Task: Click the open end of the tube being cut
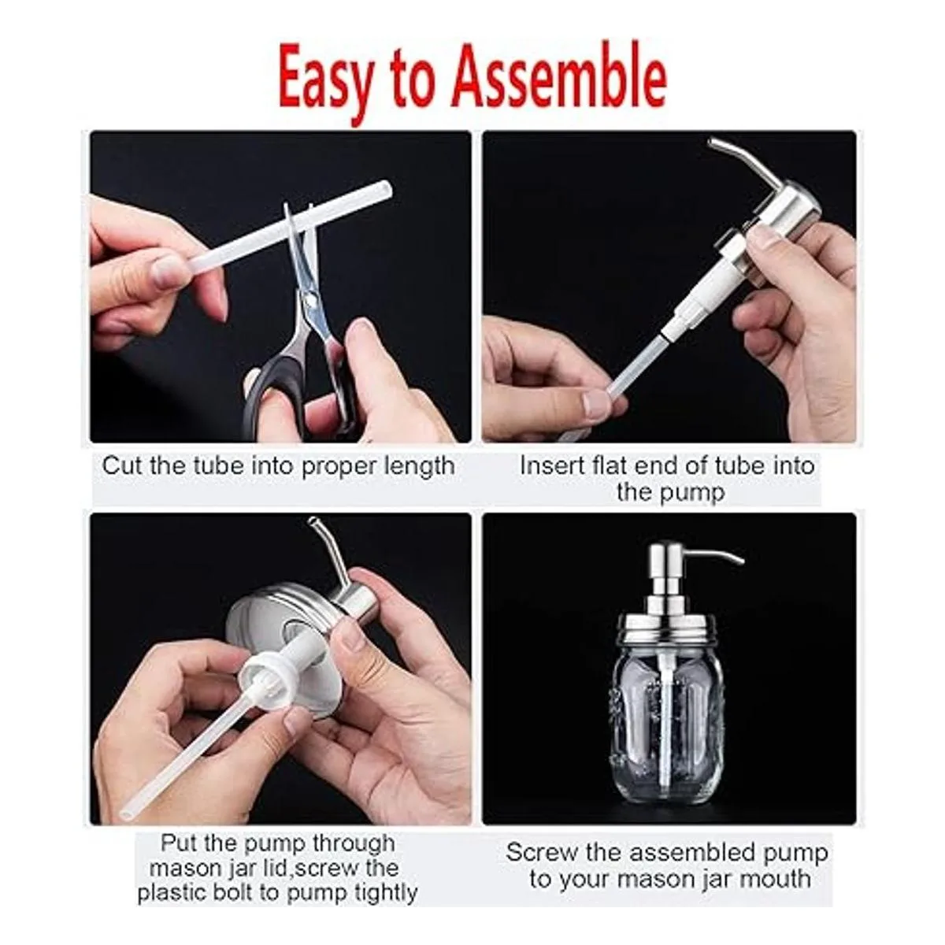386,190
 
